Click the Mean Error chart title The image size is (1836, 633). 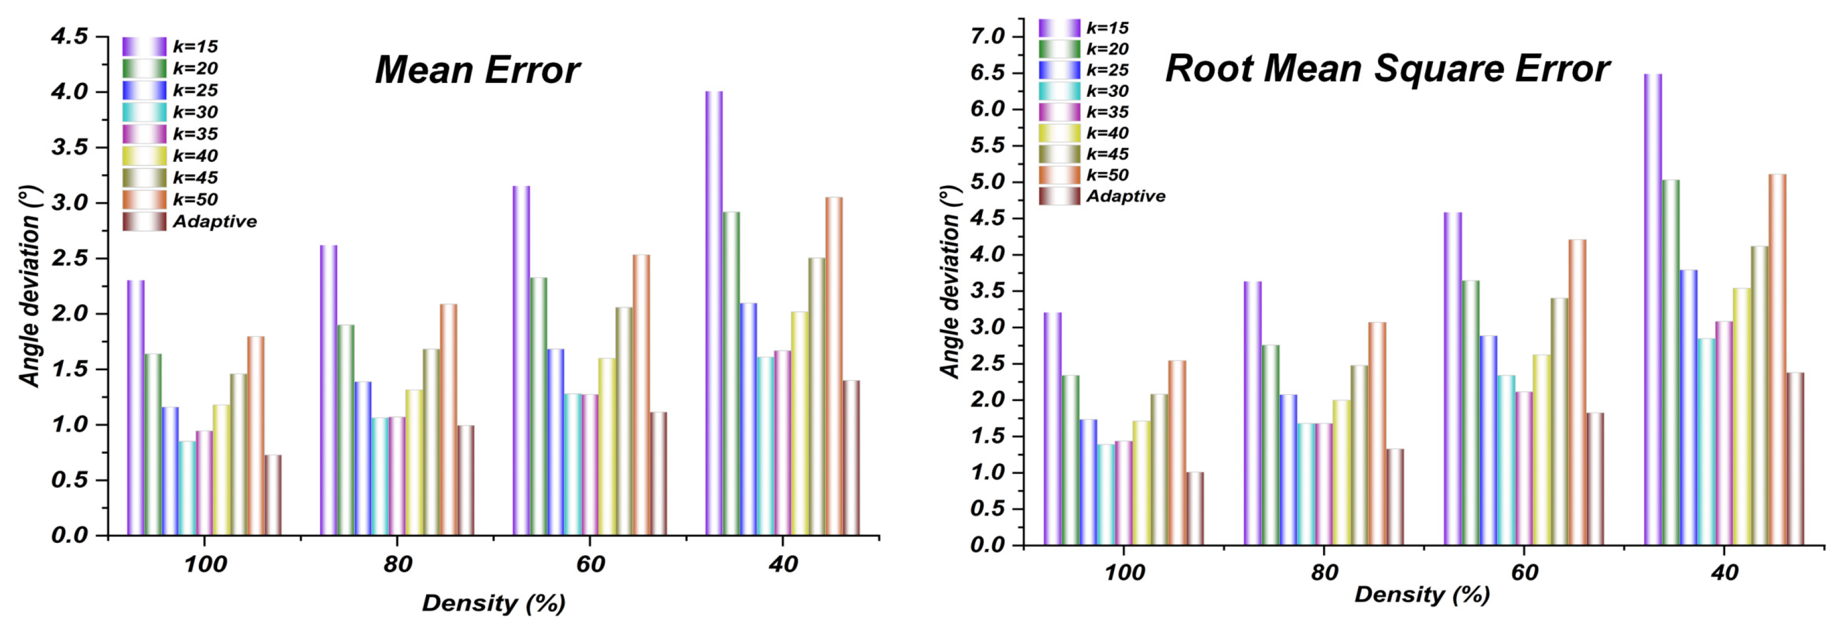tap(477, 71)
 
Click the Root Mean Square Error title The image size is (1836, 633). tap(1387, 69)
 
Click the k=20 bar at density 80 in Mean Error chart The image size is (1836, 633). tap(345, 429)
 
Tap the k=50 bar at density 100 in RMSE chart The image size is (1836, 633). tap(1178, 453)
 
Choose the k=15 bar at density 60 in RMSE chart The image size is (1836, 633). tap(1452, 379)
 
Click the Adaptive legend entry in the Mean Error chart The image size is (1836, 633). tap(214, 222)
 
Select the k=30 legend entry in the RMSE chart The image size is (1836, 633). tap(1107, 91)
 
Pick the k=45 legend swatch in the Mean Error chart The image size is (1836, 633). tap(144, 178)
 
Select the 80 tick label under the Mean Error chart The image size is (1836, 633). tap(397, 565)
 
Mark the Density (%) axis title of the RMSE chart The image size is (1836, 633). tap(1422, 594)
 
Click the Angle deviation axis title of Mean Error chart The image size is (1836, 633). tap(30, 285)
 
